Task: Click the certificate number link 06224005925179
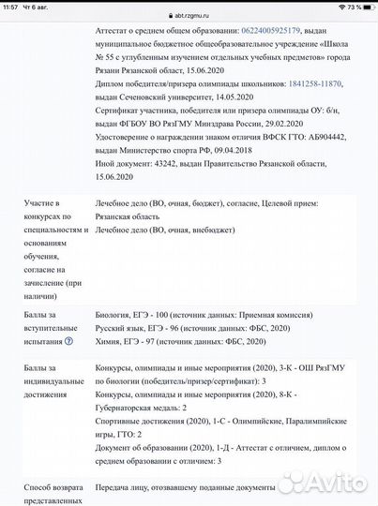point(278,31)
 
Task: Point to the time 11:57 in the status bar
point(10,6)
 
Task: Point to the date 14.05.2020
point(232,97)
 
